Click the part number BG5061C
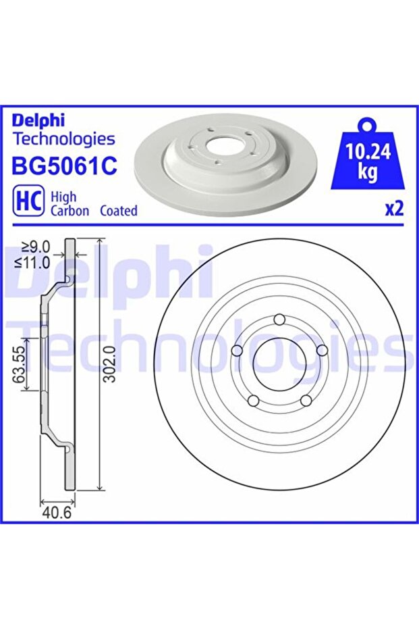[x=65, y=167]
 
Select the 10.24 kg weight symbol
[x=366, y=158]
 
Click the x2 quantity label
[x=393, y=209]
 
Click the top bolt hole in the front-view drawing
[x=280, y=320]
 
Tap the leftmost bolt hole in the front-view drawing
[x=236, y=351]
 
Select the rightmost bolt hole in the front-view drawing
[x=322, y=350]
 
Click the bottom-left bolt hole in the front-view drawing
[x=253, y=401]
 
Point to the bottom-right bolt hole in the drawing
[x=306, y=401]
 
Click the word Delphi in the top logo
[x=38, y=120]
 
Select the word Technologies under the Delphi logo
[x=64, y=139]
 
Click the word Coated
[x=118, y=211]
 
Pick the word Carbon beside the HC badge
[x=70, y=211]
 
